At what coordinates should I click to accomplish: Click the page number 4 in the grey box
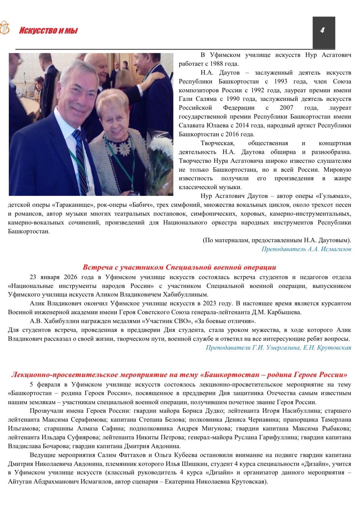tap(322, 30)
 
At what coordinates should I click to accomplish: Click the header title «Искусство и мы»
tap(48, 31)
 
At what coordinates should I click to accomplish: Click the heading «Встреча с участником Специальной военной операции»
tap(179, 267)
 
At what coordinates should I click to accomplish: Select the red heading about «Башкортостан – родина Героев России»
tap(179, 375)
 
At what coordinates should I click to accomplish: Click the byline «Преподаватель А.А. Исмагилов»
tap(306, 249)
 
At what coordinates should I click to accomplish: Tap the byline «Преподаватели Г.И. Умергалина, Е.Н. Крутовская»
tap(278, 348)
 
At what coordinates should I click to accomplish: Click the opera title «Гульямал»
tap(331, 196)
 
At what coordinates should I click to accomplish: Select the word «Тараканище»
tap(69, 205)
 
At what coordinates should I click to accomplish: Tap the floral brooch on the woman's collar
tap(124, 147)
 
